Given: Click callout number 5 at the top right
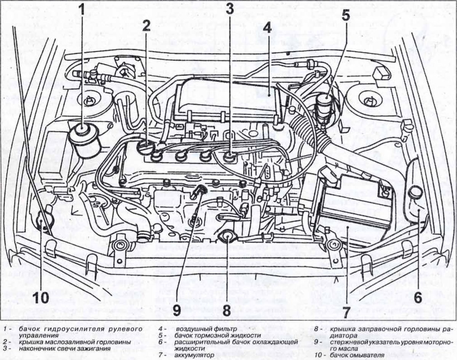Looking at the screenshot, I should [345, 16].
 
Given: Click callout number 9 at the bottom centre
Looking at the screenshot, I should [176, 310].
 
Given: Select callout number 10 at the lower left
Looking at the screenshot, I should [40, 298].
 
